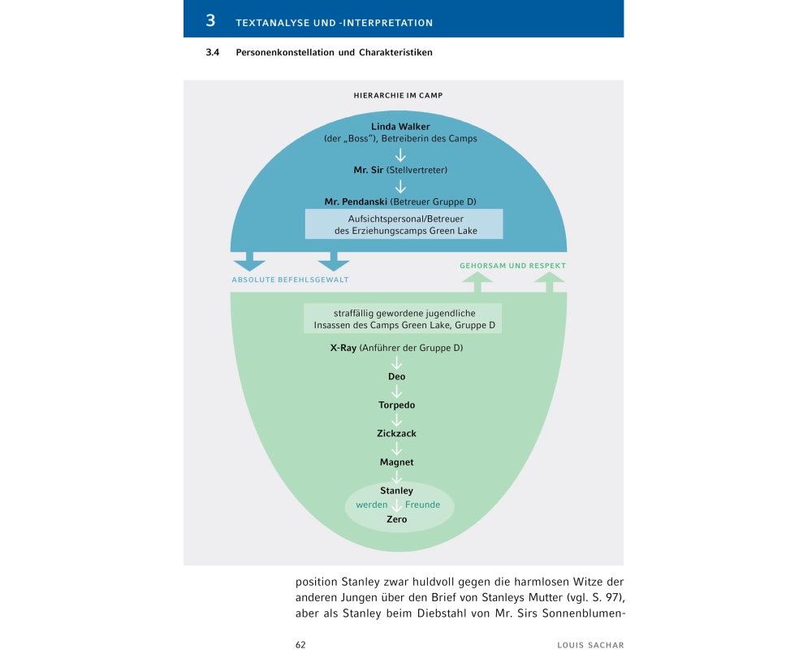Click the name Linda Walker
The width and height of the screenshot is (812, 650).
tap(400, 127)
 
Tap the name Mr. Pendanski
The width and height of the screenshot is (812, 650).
tap(356, 201)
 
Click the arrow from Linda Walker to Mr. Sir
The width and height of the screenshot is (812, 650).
tap(400, 154)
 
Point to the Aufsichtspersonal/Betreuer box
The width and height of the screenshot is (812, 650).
tap(404, 224)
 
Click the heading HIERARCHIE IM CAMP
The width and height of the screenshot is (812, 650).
tap(398, 95)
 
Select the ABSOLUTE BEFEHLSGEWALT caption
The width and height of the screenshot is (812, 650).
tap(296, 280)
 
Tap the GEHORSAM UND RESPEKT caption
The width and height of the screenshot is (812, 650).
tap(512, 266)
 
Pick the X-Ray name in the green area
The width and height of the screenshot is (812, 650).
tap(343, 349)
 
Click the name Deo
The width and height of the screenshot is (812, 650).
tap(396, 377)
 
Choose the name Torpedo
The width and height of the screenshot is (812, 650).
tap(396, 405)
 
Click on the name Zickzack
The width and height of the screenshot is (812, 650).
tap(396, 434)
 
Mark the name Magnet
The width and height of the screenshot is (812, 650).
tap(396, 462)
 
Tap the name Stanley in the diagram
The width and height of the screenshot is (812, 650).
tap(396, 491)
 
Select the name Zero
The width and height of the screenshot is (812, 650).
tap(396, 519)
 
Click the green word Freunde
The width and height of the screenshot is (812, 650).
tap(422, 505)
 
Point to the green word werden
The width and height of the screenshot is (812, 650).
tap(372, 505)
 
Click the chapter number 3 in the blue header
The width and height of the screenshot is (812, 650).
tap(210, 21)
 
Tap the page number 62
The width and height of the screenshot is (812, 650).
tap(300, 644)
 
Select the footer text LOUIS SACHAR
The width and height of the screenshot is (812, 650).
tap(590, 644)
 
